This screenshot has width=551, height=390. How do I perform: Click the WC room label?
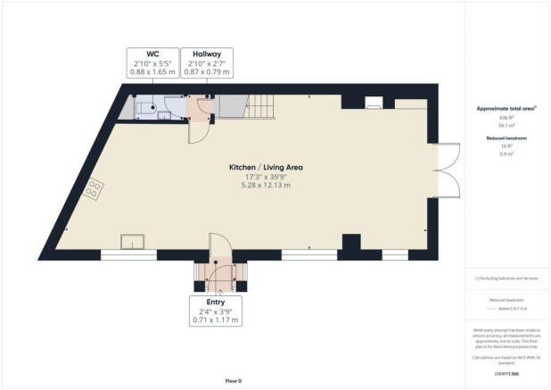click(153, 54)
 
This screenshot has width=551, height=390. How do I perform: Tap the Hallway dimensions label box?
click(207, 64)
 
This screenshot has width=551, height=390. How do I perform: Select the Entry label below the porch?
click(216, 303)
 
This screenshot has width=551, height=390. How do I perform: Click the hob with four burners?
click(95, 189)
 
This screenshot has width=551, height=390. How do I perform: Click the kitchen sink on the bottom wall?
click(135, 241)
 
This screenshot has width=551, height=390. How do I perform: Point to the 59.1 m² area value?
click(505, 126)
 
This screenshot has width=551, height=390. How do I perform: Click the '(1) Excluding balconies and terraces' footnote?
click(506, 278)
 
